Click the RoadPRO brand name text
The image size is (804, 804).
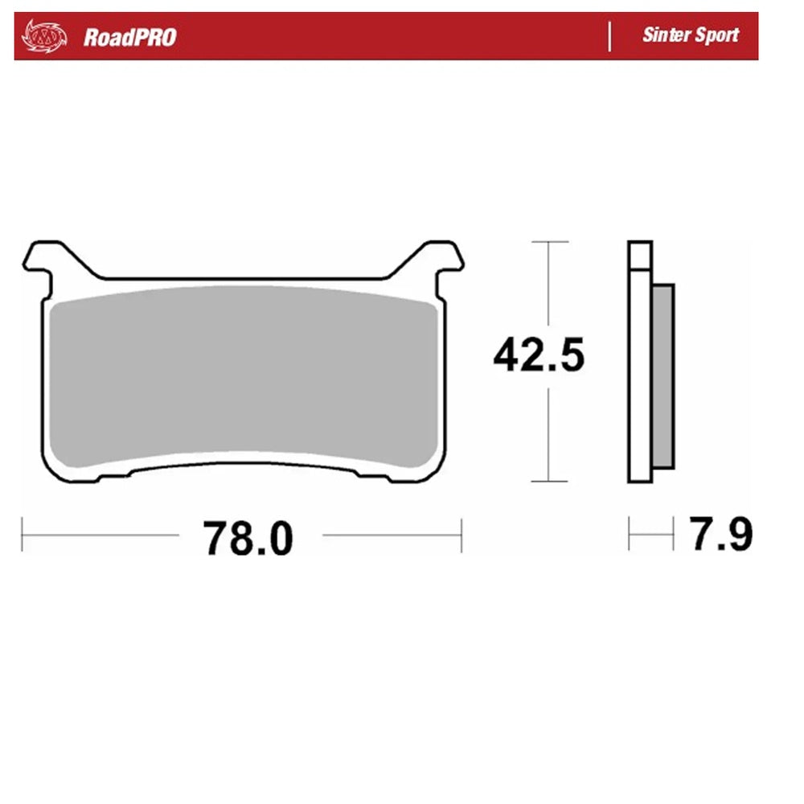click(129, 37)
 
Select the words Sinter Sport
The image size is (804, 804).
click(690, 35)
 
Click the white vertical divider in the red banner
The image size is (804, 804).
click(609, 36)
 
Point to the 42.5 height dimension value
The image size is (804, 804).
click(539, 356)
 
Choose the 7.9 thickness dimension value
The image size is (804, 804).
click(721, 535)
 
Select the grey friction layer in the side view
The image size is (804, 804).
click(664, 374)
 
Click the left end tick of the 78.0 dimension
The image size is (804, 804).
click(23, 535)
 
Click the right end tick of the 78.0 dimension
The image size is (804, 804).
click(461, 535)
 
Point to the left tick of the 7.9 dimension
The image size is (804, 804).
click(630, 535)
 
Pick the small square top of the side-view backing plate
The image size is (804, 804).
click(639, 256)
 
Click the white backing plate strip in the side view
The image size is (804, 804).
click(640, 378)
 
